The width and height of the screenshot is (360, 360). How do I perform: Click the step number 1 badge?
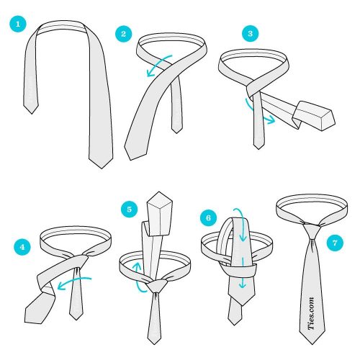click(x=18, y=24)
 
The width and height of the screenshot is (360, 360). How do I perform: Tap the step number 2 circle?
click(x=124, y=34)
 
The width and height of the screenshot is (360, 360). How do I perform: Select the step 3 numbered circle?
click(x=251, y=33)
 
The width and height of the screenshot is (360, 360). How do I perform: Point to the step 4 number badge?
click(x=22, y=247)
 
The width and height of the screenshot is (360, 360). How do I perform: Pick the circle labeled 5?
click(x=130, y=209)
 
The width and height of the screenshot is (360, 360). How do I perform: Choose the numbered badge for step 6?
click(x=208, y=217)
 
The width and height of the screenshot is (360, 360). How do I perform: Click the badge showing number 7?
click(x=335, y=243)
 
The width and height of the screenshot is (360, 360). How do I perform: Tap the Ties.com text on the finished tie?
click(x=311, y=313)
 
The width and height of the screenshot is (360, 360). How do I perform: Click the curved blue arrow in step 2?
click(x=157, y=63)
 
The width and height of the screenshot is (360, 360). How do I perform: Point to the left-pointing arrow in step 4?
click(x=74, y=282)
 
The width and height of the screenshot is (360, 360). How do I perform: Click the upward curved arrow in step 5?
click(x=138, y=279)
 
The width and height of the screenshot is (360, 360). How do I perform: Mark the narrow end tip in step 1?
click(x=32, y=114)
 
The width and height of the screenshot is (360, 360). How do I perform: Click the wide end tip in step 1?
click(x=102, y=168)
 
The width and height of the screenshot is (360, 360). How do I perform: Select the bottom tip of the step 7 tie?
click(x=312, y=344)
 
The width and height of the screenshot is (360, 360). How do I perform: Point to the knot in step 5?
click(x=156, y=286)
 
